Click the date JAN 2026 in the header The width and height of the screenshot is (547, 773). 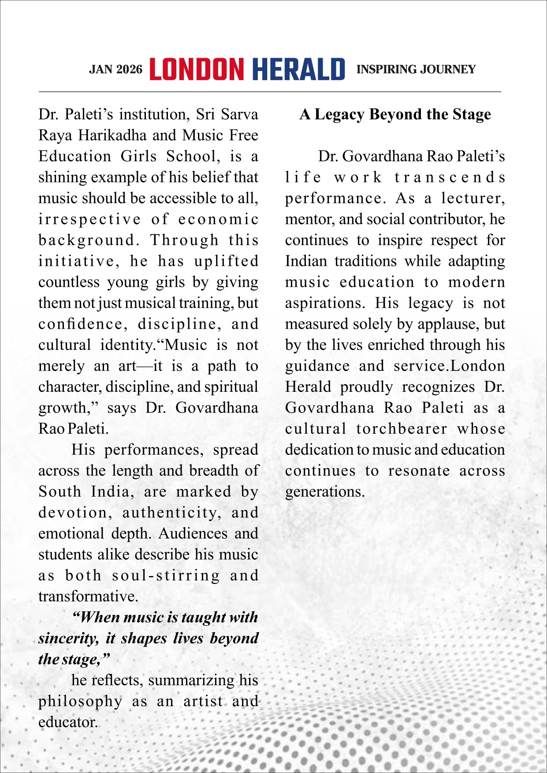pos(115,70)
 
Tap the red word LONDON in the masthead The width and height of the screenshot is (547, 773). pos(197,70)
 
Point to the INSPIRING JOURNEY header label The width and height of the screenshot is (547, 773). pos(416,70)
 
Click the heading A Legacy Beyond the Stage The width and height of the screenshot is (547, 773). pos(395,115)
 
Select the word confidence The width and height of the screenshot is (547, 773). pos(83,324)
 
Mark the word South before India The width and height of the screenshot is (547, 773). pos(60,492)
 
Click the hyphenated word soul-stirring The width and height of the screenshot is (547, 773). pos(166,576)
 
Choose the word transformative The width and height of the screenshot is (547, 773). pos(88,597)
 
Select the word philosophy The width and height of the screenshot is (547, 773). pos(80,702)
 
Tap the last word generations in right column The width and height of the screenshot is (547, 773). pos(325,492)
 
